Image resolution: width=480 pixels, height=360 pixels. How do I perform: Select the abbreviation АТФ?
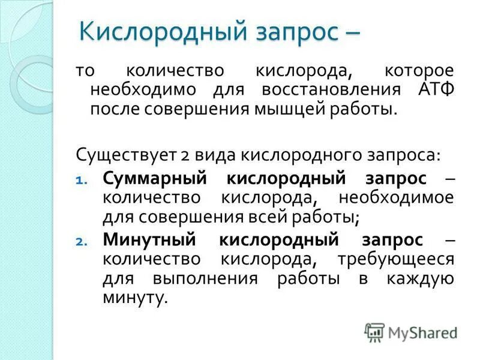[434, 90]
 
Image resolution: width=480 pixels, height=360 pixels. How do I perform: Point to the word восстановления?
[331, 90]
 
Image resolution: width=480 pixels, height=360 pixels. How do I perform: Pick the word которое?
[419, 71]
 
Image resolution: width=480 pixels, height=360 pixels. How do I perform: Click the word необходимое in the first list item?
[396, 198]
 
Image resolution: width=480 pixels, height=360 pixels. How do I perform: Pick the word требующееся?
[396, 260]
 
